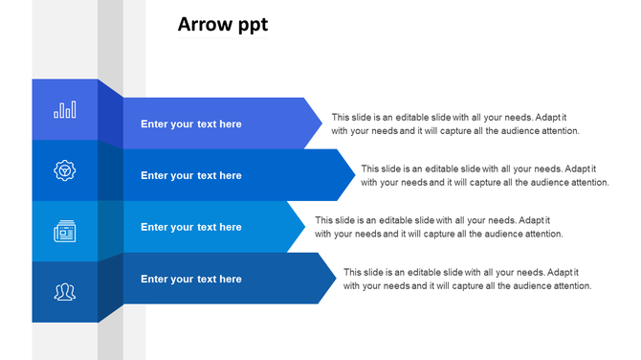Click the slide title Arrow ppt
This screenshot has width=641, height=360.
coord(223,25)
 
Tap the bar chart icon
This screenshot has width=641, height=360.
coord(65,110)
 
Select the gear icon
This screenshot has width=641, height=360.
coord(65,170)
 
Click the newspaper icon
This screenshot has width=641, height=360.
coord(65,231)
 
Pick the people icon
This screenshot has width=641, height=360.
coord(65,291)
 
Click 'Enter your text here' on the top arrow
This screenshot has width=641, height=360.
coord(191,124)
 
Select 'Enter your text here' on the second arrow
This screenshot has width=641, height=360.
coord(191,176)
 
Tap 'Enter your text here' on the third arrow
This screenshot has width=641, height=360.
coord(191,228)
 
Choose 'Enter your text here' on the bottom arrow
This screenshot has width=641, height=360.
coord(191,280)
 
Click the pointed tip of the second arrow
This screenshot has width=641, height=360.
coord(353,175)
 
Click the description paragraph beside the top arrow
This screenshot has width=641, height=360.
coord(455,124)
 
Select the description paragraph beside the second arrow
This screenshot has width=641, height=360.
coord(484,175)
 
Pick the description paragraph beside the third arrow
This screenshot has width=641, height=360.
coord(438,227)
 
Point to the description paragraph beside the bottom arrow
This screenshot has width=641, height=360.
coord(467,279)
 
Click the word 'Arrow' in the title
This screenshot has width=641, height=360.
coord(204,25)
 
